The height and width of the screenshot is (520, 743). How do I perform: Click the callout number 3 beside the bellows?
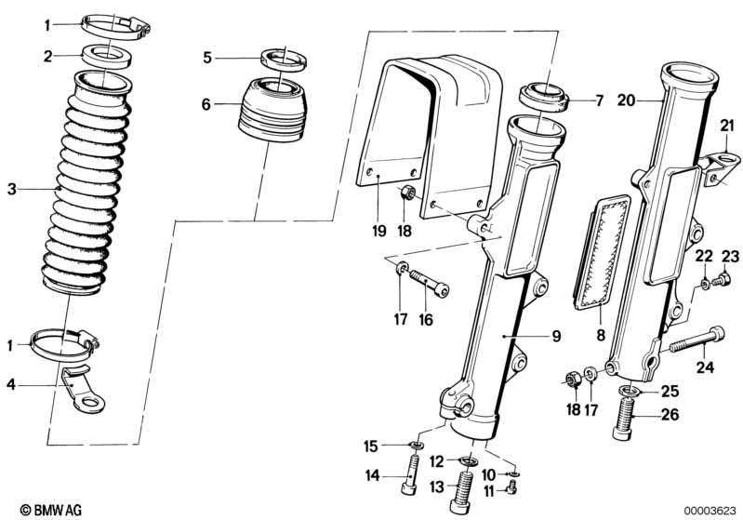12,190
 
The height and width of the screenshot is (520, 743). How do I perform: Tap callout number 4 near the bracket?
12,383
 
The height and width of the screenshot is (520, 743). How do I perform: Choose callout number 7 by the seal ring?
599,99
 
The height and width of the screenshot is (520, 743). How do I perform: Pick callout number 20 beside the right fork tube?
626,99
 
